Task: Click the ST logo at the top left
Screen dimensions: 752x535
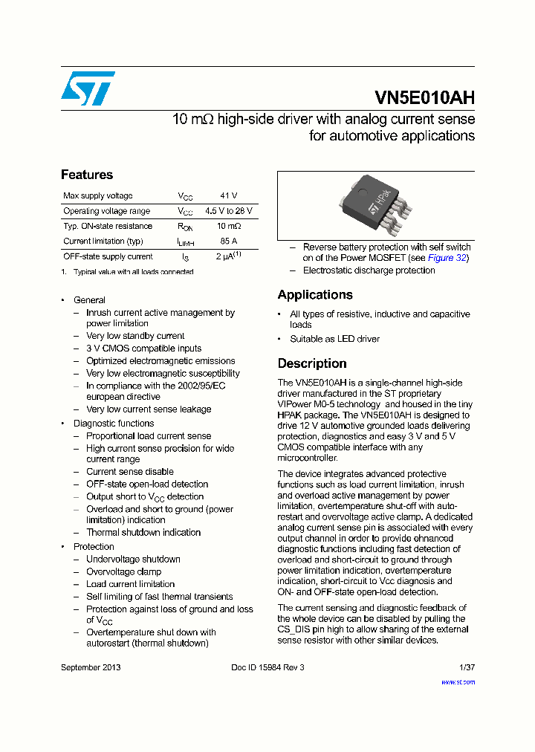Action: pos(88,88)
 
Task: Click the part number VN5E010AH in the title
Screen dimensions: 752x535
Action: pos(424,98)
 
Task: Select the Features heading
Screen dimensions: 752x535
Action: pos(87,175)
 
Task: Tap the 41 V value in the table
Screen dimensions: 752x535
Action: pos(228,196)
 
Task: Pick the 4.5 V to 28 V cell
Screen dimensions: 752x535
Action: pos(228,211)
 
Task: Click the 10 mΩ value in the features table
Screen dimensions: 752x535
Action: pos(228,226)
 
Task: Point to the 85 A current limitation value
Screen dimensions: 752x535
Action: pos(228,242)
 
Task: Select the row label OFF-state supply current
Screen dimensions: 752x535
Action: pos(108,256)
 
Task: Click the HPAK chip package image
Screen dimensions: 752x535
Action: pos(374,206)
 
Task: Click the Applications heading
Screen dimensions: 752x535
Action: pos(315,295)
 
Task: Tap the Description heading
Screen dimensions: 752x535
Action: pos(312,363)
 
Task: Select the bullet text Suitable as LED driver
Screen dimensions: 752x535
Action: pos(334,339)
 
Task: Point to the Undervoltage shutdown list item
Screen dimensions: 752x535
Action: pos(133,559)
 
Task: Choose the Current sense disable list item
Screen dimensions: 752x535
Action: pos(129,471)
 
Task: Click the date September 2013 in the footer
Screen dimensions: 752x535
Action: pos(91,667)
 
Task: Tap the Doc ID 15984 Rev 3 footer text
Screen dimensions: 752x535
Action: pos(267,667)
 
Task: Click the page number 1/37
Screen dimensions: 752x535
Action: pos(467,667)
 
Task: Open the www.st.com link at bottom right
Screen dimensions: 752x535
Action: pos(458,681)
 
